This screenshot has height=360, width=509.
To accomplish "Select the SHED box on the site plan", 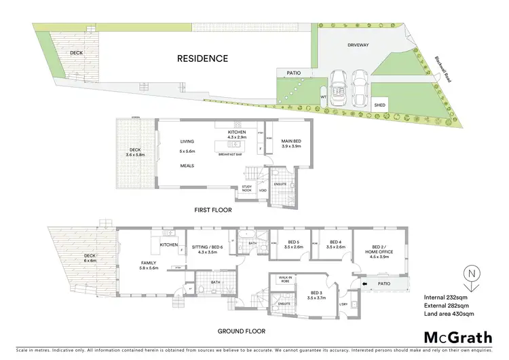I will tap(379, 105).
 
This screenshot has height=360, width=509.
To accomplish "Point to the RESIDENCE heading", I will tap(202, 58).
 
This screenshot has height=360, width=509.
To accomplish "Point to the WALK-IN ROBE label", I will tap(283, 278).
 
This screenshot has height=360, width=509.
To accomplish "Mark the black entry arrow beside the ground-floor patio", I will tap(364, 284).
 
